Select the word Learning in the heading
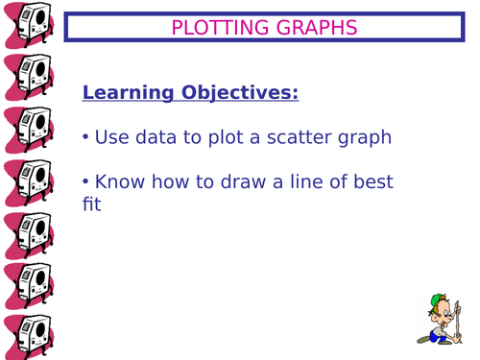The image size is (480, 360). pyautogui.click(x=126, y=93)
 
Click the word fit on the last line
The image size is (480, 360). pyautogui.click(x=92, y=204)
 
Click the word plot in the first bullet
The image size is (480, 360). pyautogui.click(x=229, y=137)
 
